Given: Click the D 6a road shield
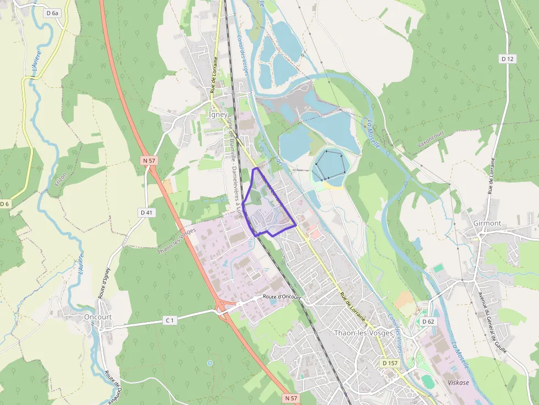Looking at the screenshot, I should (x=53, y=13).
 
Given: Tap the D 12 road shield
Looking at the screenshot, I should (x=508, y=58).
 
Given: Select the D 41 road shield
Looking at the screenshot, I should (x=146, y=212).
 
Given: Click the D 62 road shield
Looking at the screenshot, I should (x=428, y=321).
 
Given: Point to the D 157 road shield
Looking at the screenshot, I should (x=390, y=363).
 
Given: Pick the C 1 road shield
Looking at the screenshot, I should (x=169, y=320).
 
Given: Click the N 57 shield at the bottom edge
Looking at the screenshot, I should (x=291, y=397).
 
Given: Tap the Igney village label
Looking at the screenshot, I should (x=218, y=115).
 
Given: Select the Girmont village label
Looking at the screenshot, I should (x=487, y=223).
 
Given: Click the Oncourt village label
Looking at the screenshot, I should (x=98, y=317).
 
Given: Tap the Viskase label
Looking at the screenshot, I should (x=458, y=382).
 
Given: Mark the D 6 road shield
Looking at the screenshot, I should (x=4, y=204).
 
